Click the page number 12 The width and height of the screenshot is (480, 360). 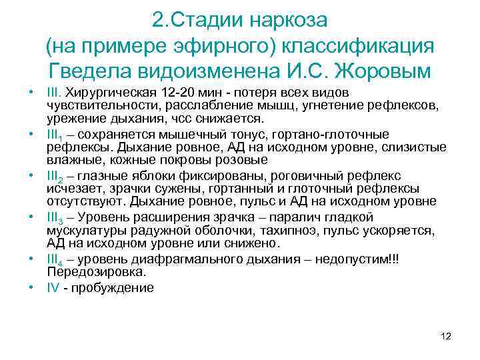tap(447, 336)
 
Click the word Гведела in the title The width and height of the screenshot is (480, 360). tap(91, 69)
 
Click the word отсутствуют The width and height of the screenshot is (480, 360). tap(87, 201)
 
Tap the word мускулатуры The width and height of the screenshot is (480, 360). tap(84, 230)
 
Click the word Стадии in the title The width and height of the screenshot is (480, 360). tap(209, 20)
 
